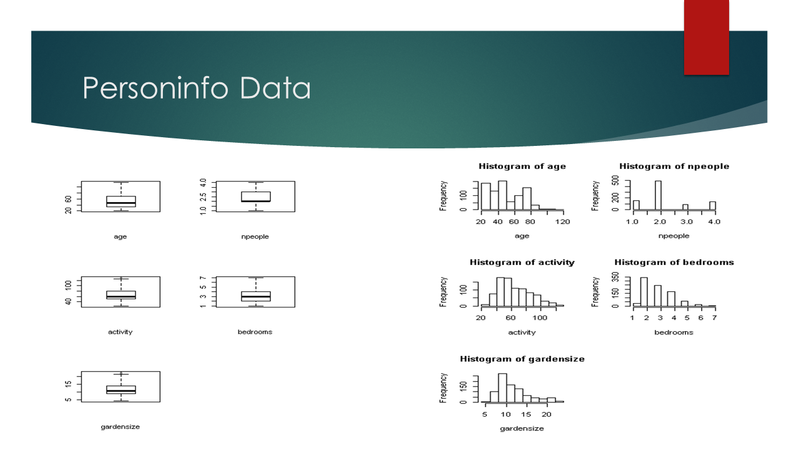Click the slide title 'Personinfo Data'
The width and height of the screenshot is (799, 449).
[x=197, y=88]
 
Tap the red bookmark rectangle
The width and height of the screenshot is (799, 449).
[x=706, y=37]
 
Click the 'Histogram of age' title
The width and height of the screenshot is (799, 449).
[x=522, y=167]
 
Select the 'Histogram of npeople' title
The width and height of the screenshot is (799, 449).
[x=674, y=167]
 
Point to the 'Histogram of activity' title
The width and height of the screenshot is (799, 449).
[x=522, y=263]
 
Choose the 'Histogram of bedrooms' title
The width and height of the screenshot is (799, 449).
[x=674, y=263]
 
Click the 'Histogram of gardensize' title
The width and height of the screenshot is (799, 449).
[x=522, y=359]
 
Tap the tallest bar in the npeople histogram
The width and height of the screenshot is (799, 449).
[x=658, y=195]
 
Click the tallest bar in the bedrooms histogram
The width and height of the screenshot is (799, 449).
[x=644, y=291]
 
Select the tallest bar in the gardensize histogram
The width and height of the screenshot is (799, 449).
[x=502, y=388]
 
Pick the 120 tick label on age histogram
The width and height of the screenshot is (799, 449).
[x=562, y=222]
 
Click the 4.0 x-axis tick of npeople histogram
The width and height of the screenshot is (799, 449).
[x=714, y=222]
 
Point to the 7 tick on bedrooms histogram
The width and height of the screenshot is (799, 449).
[x=715, y=318]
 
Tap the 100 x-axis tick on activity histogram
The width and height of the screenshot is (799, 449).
[x=540, y=318]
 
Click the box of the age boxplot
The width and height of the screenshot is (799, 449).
[x=121, y=201]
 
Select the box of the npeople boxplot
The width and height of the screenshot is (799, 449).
[x=256, y=196]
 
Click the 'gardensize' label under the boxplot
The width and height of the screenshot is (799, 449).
[x=120, y=427]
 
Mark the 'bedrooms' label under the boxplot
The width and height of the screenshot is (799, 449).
[x=255, y=332]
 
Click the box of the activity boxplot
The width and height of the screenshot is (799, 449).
[x=121, y=295]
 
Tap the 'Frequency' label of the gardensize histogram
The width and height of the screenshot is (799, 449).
[x=443, y=388]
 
